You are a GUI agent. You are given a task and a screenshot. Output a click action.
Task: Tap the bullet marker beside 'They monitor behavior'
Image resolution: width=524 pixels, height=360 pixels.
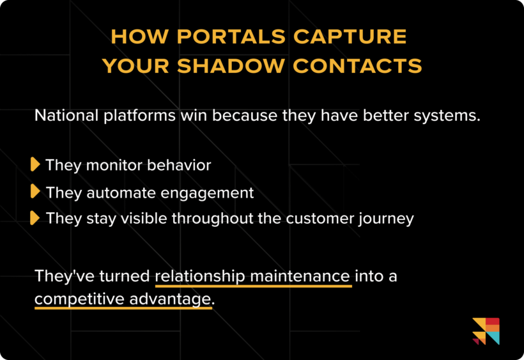[35, 165]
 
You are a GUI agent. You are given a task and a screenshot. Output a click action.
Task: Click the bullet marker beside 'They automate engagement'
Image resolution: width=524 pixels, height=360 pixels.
[35, 191]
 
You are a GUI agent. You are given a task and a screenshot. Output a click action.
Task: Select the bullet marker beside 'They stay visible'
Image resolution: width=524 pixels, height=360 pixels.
[35, 217]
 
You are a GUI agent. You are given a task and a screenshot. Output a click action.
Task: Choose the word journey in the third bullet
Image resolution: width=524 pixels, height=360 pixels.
[385, 218]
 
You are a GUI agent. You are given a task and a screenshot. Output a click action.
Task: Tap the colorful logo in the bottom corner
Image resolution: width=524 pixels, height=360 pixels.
[486, 331]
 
